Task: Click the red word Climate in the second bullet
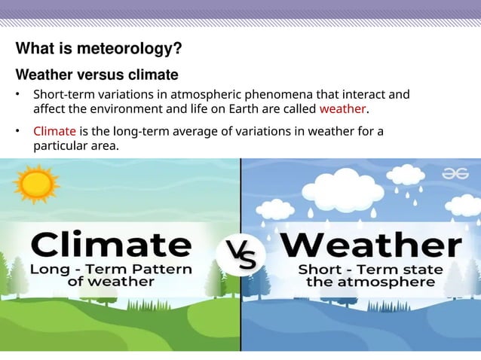[x=54, y=132]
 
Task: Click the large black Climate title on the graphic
[x=112, y=246]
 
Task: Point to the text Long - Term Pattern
[x=112, y=269]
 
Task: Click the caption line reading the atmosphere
[x=369, y=282]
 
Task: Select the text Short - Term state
[x=369, y=269]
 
